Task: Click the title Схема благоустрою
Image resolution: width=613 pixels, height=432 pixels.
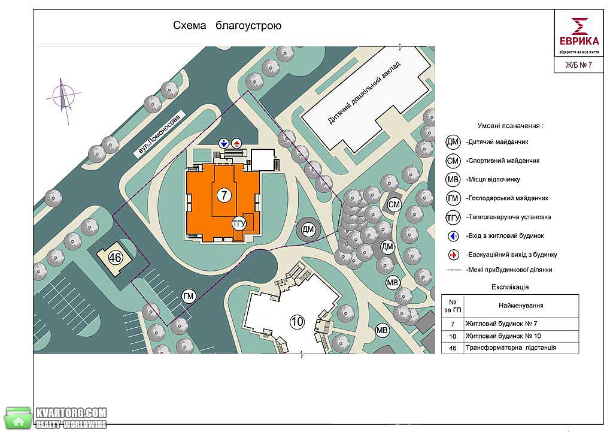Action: pos(227,26)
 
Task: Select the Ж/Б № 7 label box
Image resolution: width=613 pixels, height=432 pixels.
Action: pos(579,65)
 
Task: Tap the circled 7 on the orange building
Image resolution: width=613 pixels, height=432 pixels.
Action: pos(224,195)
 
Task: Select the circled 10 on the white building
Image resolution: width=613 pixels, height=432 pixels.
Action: pos(297,322)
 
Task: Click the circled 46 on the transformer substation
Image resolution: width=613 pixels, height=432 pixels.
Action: pos(115,258)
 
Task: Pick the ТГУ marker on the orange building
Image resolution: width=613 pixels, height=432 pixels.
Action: pos(239,224)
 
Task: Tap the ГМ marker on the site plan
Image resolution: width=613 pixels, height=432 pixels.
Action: pos(189,296)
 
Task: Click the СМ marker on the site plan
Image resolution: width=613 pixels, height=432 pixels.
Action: pos(394,204)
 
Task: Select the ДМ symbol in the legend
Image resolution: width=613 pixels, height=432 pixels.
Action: pos(453,141)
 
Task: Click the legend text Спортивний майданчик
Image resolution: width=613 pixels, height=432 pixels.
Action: pos(503,161)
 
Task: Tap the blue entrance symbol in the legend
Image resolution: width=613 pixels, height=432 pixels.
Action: pos(453,236)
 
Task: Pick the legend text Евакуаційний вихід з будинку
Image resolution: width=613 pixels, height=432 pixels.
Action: pos(511,255)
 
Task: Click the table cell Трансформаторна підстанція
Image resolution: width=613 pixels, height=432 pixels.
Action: pos(511,348)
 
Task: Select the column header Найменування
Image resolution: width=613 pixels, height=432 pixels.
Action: pos(521,306)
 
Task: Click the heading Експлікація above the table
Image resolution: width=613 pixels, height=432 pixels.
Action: pos(510,287)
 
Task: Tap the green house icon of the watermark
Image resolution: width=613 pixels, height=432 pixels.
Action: pos(18,418)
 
